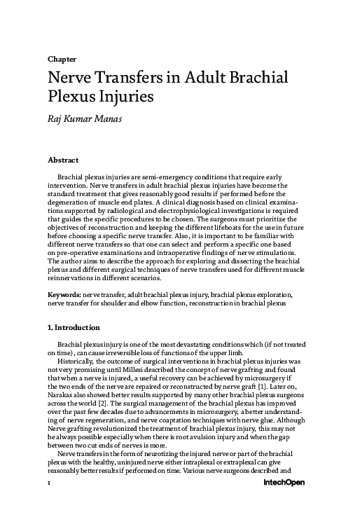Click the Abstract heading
pyautogui.click(x=63, y=160)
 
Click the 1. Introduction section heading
pyautogui.click(x=73, y=328)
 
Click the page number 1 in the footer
pyautogui.click(x=49, y=503)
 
